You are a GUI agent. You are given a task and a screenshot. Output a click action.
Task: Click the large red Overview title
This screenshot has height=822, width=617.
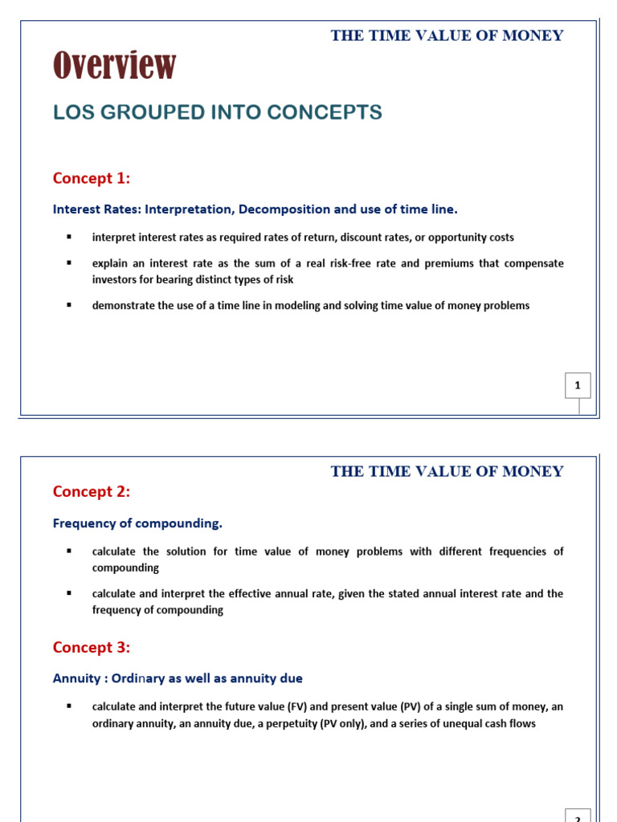[115, 66]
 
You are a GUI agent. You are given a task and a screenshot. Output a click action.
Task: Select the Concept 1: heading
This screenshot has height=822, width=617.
[92, 177]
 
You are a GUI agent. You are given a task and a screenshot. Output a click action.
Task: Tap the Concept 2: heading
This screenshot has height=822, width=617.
[92, 490]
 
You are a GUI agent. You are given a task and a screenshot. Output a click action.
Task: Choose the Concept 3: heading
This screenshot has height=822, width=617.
[92, 647]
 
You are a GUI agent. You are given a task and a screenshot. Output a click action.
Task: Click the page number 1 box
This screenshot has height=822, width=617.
[577, 386]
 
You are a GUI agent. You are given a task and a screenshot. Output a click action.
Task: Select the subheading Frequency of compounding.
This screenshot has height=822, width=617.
[137, 523]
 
